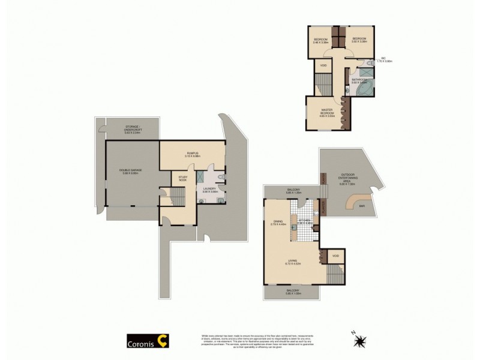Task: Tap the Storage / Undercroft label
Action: pyautogui.click(x=132, y=128)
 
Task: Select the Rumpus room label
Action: pyautogui.click(x=192, y=154)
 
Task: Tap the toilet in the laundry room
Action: pyautogui.click(x=221, y=178)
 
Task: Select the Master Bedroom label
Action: pyautogui.click(x=327, y=112)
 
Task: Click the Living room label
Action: pyautogui.click(x=292, y=262)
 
